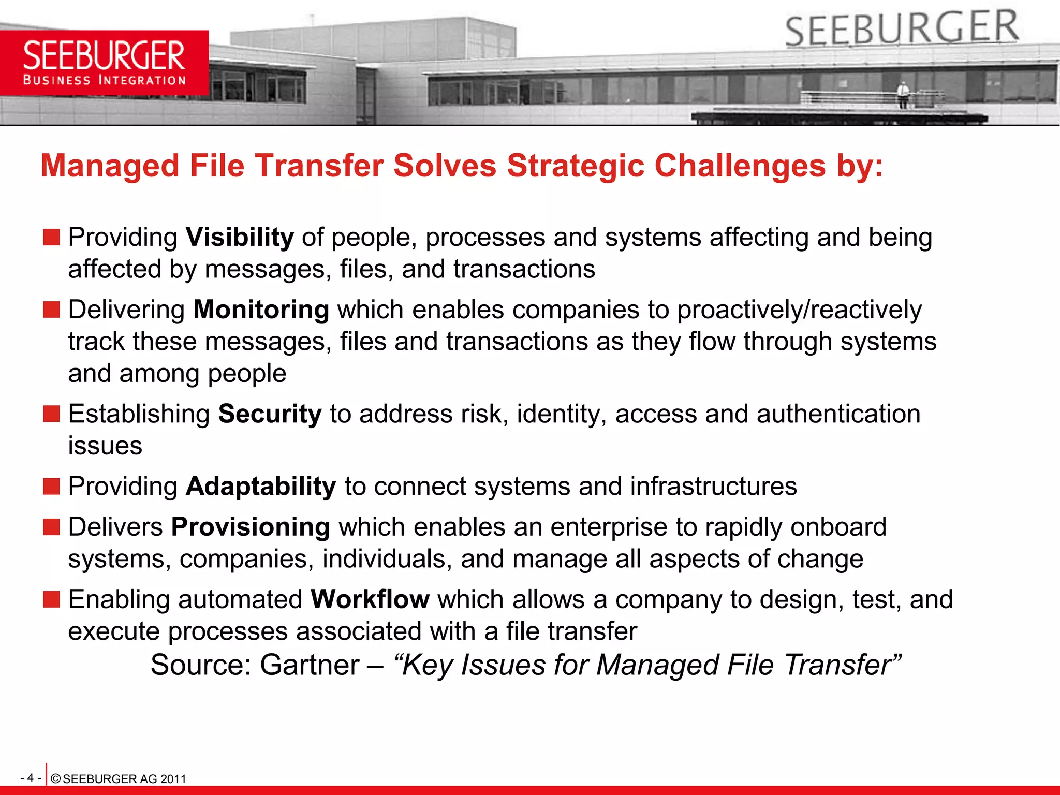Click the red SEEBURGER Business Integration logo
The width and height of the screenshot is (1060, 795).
click(104, 63)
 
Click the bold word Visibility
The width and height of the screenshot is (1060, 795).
click(240, 238)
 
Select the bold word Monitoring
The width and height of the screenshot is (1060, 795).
click(261, 310)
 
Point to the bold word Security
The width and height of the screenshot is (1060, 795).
click(270, 414)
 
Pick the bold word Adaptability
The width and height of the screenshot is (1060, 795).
click(261, 487)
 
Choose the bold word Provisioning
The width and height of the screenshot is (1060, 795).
click(251, 527)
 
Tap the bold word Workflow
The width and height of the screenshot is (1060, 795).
click(370, 599)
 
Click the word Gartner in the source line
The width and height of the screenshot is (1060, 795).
click(309, 665)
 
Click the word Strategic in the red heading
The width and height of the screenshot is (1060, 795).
click(576, 166)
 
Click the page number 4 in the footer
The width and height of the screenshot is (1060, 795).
click(31, 778)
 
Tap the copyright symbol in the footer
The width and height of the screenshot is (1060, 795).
click(56, 779)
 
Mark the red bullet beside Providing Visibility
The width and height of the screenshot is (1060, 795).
click(51, 238)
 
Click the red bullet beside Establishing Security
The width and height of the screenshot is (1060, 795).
click(51, 414)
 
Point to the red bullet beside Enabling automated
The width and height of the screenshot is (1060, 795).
click(51, 599)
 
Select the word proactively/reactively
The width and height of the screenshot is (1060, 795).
click(799, 310)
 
